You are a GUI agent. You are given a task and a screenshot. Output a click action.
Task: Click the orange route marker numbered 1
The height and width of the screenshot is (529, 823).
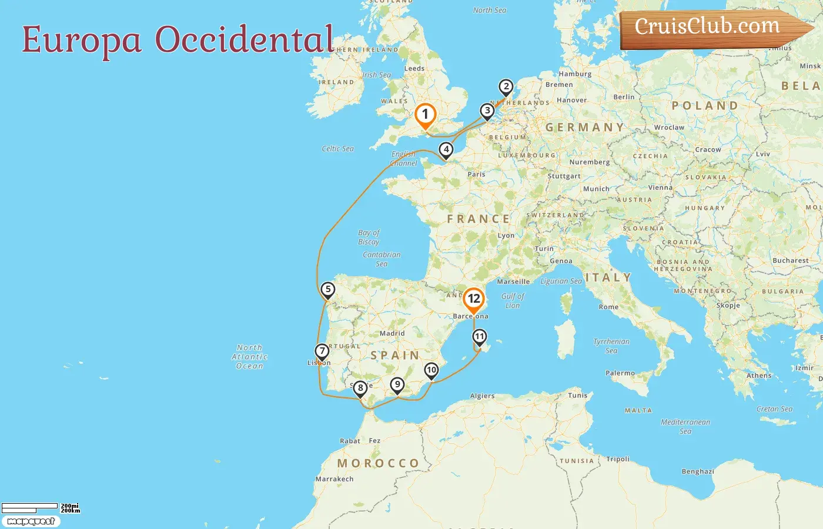coord(425,115)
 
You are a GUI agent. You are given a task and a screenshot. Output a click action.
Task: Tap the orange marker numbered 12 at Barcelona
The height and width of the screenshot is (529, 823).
coord(474,299)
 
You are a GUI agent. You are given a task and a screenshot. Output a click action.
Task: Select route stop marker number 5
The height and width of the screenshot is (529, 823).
coord(328,290)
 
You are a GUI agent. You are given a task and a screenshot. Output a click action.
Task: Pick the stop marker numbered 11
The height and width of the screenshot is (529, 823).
coord(480,337)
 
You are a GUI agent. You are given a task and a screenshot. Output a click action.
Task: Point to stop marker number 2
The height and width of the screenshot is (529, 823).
coord(506,87)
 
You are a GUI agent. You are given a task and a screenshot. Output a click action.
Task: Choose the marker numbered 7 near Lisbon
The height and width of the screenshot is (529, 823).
coord(322,351)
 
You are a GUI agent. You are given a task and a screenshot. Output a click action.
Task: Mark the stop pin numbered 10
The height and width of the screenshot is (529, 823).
coord(431,370)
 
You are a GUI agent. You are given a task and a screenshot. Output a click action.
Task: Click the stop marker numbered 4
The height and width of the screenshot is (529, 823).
coord(447,150)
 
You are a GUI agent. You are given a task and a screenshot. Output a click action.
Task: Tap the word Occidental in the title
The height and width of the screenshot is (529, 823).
coord(245,40)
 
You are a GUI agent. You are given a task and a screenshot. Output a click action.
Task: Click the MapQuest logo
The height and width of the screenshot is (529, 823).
coord(31,521)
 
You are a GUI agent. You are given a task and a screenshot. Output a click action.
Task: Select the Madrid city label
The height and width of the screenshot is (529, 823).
coord(392,333)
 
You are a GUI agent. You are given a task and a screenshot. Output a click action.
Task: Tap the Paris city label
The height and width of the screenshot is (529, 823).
coord(476,175)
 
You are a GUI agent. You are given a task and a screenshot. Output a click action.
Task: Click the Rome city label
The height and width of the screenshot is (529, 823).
coord(608,307)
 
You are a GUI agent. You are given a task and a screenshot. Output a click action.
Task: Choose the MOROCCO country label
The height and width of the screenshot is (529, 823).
coord(378,464)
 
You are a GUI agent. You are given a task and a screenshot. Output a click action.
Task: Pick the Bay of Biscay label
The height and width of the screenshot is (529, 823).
coord(369,237)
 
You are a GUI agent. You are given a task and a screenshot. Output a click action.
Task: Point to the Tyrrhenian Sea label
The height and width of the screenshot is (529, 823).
coord(611,346)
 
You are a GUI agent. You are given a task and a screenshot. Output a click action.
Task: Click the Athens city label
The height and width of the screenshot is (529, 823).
coord(759,376)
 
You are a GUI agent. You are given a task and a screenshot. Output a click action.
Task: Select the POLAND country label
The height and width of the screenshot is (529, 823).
coord(705,106)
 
